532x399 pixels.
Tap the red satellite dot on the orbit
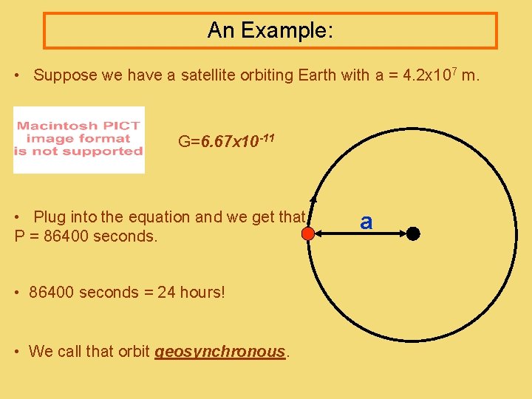pos(309,234)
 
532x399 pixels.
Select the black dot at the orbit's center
pos(413,234)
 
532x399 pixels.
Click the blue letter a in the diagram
pos(366,221)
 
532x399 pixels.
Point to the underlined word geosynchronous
pos(219,352)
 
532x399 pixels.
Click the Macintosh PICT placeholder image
pos(79,140)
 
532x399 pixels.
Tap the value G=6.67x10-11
pos(227,140)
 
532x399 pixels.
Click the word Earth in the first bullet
pos(317,75)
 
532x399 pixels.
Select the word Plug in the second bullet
pos(50,217)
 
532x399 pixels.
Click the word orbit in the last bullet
pos(134,352)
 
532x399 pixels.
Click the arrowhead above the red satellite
pos(313,198)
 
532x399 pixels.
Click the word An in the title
pos(220,30)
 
